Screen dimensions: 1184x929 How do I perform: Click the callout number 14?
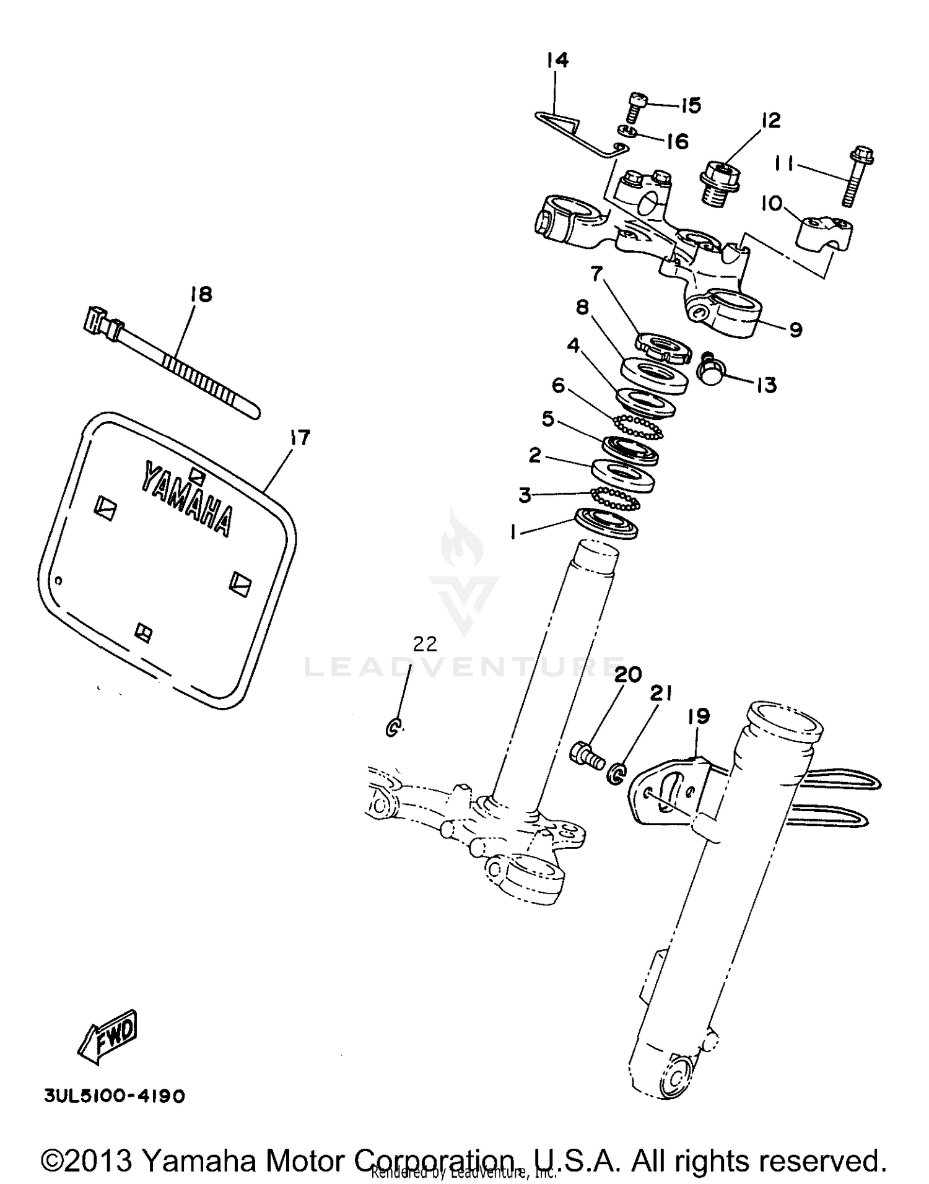(x=557, y=60)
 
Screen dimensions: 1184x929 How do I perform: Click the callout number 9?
(x=796, y=329)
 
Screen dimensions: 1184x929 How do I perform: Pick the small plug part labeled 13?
(x=712, y=372)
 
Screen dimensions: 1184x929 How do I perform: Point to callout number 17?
(x=300, y=438)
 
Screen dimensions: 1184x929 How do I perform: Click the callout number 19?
(x=699, y=716)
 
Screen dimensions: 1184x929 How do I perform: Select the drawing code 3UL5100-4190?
(x=115, y=1096)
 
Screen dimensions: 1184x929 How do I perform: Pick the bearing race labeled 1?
(x=606, y=523)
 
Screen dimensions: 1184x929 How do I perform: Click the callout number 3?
(x=525, y=495)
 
